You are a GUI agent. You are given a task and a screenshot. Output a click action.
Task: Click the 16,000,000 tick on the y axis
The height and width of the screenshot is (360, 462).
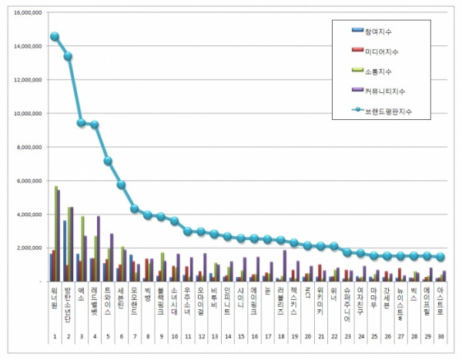point(25,12)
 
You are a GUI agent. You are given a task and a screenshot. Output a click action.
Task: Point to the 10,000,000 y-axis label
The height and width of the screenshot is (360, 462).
point(25,113)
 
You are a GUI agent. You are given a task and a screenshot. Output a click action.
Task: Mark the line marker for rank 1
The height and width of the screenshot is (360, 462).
point(55,36)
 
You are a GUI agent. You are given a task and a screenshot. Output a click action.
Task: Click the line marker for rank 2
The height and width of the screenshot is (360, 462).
point(68,56)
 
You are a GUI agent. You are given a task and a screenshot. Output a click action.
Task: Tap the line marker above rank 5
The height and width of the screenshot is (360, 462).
point(109,161)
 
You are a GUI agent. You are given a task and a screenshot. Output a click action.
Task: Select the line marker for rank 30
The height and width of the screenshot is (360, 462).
point(441,257)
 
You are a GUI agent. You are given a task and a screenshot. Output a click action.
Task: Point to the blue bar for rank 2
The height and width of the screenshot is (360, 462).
point(65,251)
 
